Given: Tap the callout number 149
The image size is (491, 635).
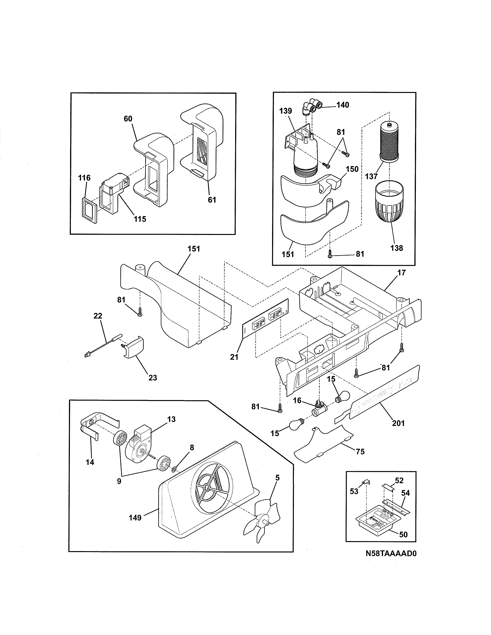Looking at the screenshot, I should pyautogui.click(x=135, y=518).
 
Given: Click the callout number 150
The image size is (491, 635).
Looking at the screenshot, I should pyautogui.click(x=352, y=169).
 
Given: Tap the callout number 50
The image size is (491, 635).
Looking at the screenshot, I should pyautogui.click(x=403, y=534).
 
